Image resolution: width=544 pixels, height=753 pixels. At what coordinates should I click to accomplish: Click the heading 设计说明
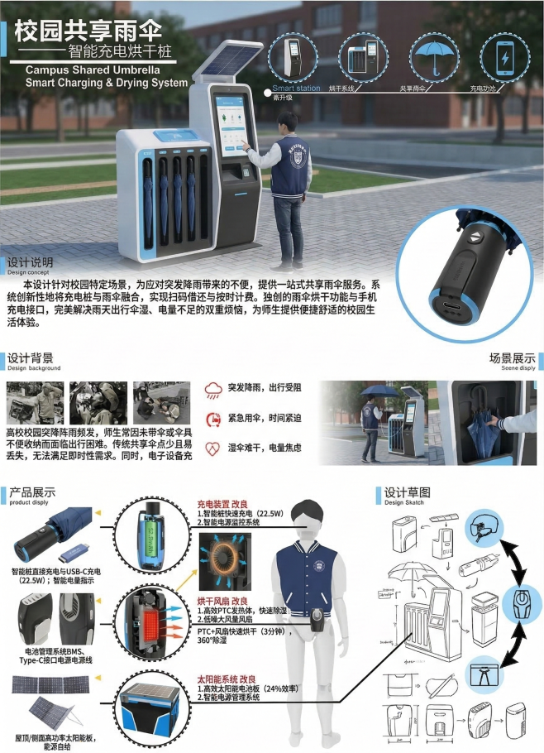[30, 261]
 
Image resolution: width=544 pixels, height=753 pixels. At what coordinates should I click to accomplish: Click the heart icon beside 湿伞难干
[213, 448]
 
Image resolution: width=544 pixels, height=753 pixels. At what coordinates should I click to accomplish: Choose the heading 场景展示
[512, 358]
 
